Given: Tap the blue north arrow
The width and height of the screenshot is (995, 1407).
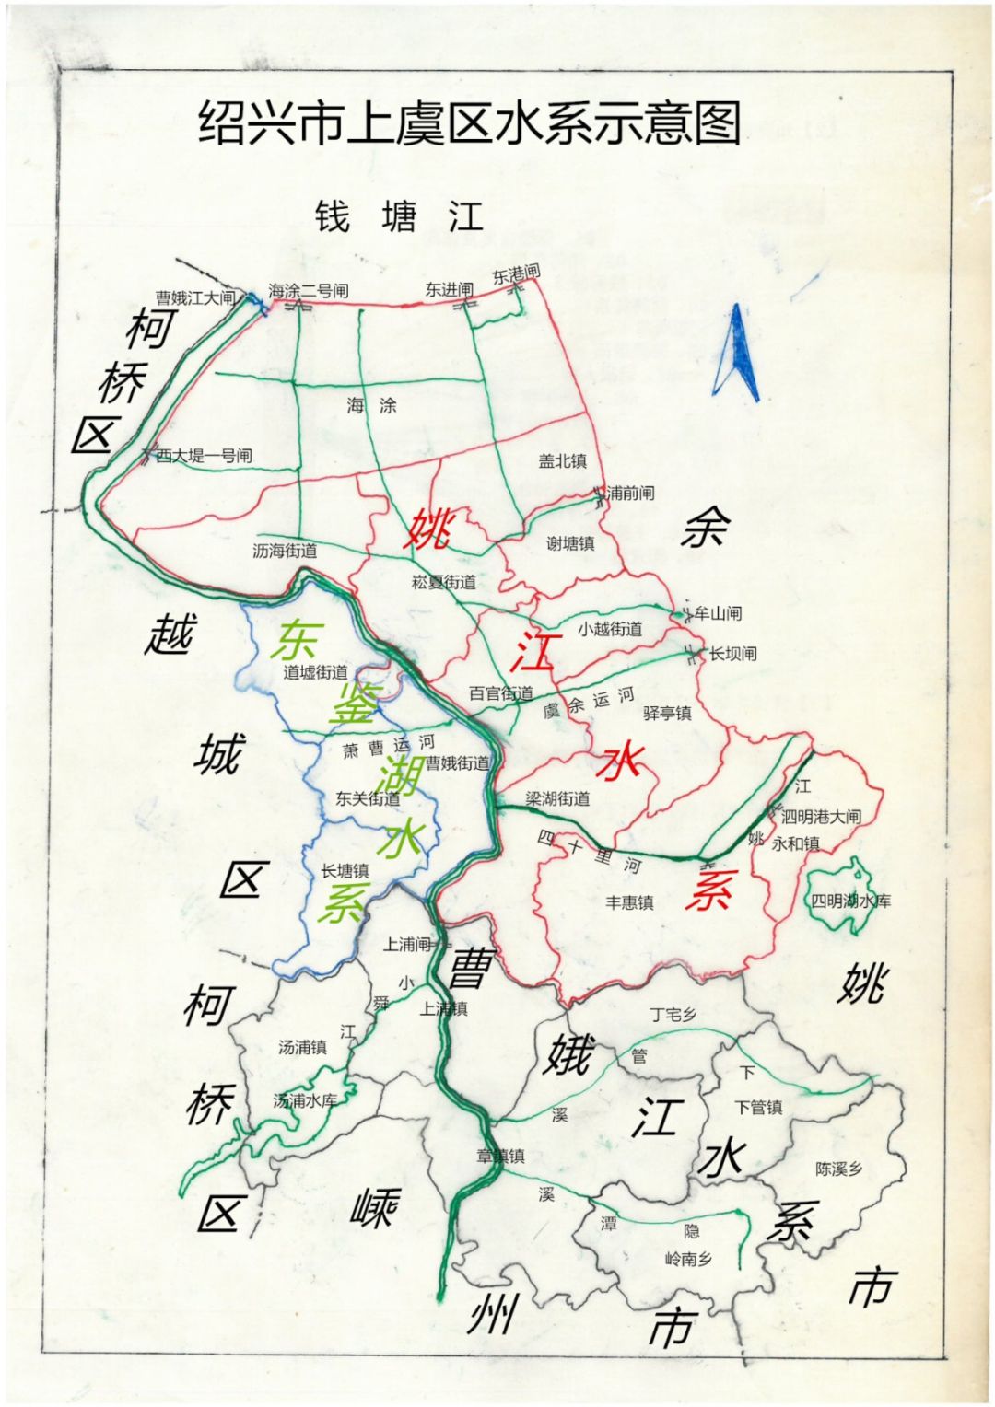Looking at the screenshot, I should point(740,355).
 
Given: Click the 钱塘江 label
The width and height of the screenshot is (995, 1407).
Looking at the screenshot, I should point(399,217).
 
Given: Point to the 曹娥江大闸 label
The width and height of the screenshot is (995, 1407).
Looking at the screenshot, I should point(194,297).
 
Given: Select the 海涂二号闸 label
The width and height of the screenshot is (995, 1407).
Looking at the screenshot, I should point(309,291).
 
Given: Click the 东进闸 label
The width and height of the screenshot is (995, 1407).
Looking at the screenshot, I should point(449,289).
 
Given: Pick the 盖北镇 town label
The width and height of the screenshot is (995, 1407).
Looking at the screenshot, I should point(562,461).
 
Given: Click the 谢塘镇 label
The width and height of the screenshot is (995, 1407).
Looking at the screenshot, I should point(570,543).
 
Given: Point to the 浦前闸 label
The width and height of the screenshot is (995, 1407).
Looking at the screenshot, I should point(631,493).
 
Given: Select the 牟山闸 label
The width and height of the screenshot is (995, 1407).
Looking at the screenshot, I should point(718,612).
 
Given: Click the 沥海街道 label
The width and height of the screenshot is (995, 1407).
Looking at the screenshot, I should point(285,551).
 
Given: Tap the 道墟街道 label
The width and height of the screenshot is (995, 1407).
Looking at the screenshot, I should point(315,673).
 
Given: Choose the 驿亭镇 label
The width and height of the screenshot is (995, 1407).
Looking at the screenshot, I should point(666,713).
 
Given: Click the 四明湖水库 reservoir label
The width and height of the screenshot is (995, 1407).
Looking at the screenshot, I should point(850,901).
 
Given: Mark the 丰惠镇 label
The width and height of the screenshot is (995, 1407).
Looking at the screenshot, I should point(629,902).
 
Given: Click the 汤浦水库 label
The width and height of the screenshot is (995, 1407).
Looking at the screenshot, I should point(305,1100).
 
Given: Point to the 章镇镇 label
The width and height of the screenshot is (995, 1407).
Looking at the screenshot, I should point(500,1156).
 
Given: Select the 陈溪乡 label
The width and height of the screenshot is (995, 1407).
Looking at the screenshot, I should point(838,1169).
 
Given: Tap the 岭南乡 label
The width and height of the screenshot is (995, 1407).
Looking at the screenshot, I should point(688,1259).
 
